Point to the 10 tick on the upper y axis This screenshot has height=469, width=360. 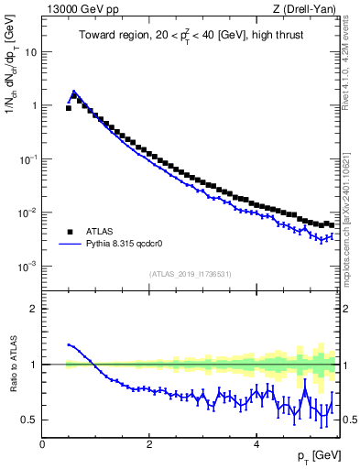30,52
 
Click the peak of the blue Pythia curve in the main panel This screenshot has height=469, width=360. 74,92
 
